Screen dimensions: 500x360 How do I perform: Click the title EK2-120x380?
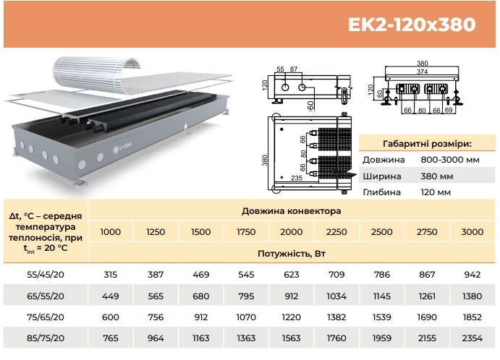(x=412, y=25)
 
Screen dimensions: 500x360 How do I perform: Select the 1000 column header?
(x=110, y=231)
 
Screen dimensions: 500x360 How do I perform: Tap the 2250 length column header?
(x=336, y=231)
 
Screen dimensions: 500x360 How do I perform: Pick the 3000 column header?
(x=473, y=231)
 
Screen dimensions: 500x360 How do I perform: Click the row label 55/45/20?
(x=46, y=274)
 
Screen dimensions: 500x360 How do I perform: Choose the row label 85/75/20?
(x=46, y=338)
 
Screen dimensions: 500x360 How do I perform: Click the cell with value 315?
(x=110, y=274)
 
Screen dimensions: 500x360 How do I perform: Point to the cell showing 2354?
(x=473, y=338)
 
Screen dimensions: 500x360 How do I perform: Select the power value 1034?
(x=336, y=296)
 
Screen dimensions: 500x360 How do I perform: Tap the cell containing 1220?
(x=291, y=317)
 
